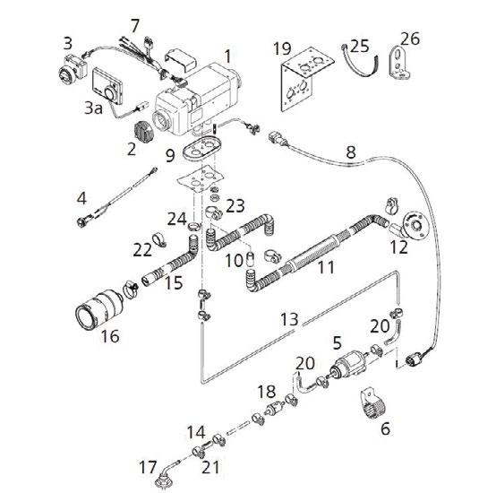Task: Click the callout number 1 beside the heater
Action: click(x=228, y=56)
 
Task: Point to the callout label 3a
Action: click(x=94, y=108)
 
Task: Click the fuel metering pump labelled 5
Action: click(x=349, y=365)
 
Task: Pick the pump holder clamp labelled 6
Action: click(x=372, y=403)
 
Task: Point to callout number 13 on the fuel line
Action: click(x=289, y=319)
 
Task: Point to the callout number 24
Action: click(x=177, y=219)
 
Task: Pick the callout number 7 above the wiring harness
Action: click(x=135, y=26)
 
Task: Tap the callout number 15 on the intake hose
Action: click(x=174, y=282)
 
